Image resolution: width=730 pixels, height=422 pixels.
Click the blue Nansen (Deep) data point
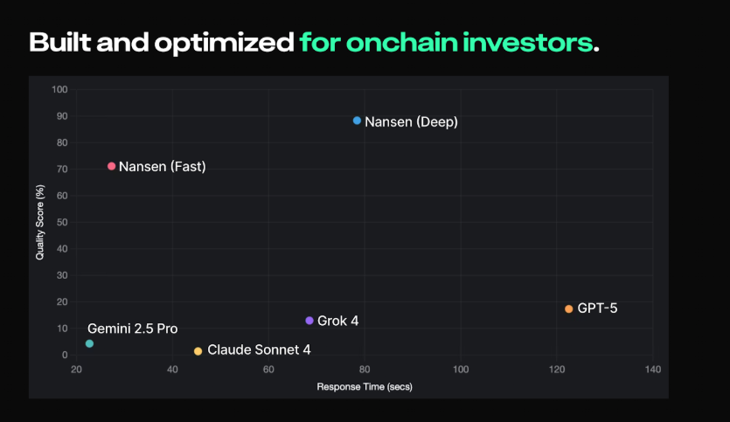point(357,121)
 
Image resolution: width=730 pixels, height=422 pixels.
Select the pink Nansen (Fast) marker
point(111,166)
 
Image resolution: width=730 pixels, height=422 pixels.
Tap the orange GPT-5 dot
point(568,308)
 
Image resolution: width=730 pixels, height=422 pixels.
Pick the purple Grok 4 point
point(309,321)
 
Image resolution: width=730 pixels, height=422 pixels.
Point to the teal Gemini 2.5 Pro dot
point(89,343)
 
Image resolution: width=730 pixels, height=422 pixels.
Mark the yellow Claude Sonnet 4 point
point(198,351)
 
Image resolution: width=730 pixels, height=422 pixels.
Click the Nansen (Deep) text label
point(411,121)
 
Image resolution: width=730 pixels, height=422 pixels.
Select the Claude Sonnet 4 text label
point(259,349)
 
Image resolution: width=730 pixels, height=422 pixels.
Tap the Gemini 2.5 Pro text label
point(132,329)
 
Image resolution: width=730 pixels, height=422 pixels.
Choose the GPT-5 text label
point(597,308)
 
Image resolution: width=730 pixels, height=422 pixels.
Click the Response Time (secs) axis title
point(364,386)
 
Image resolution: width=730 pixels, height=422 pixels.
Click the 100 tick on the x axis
point(460,370)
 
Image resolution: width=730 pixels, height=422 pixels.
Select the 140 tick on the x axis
point(651,370)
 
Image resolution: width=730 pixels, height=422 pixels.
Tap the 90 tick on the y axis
point(62,116)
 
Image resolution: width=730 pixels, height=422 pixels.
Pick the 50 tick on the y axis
point(62,222)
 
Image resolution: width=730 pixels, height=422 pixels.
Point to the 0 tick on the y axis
point(65,355)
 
